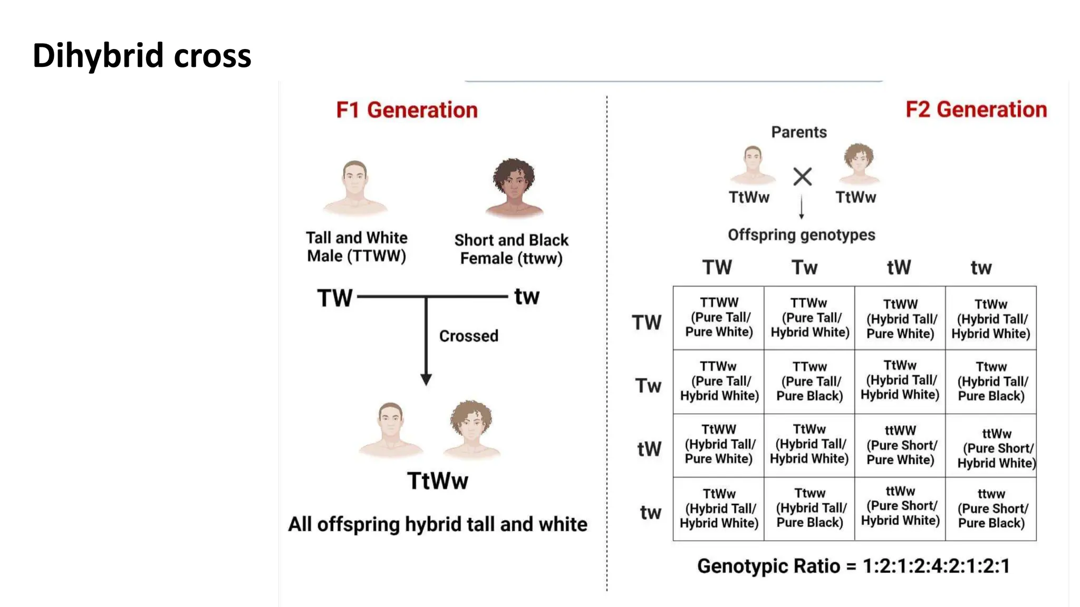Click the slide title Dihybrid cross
tap(142, 55)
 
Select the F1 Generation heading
tap(407, 110)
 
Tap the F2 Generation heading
tap(976, 110)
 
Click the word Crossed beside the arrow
tap(468, 336)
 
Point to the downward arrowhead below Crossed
tap(426, 379)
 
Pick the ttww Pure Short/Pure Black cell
tap(991, 508)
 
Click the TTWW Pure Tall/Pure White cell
tap(719, 317)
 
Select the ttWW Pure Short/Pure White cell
tap(900, 445)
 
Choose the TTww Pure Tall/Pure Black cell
tap(809, 381)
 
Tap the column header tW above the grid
tap(899, 267)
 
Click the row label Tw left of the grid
tap(648, 386)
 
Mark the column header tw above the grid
tap(981, 268)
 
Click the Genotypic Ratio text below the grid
tap(853, 566)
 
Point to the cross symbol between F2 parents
tap(802, 177)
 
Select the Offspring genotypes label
tap(801, 235)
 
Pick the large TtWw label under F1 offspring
tap(437, 481)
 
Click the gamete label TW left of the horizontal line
tap(334, 298)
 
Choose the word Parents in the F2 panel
tap(798, 132)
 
